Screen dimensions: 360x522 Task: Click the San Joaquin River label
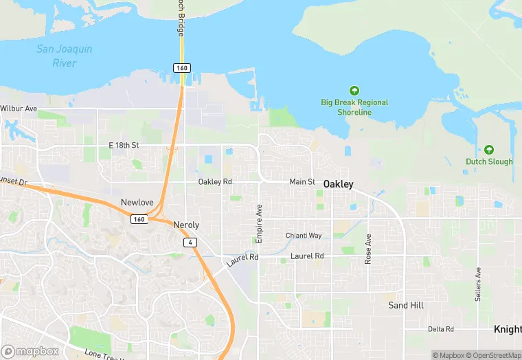[64, 56]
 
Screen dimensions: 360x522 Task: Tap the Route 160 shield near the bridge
[181, 68]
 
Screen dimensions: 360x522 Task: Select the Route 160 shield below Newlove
[139, 218]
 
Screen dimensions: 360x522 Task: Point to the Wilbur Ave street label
[19, 109]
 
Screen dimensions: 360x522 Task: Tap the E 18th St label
[124, 146]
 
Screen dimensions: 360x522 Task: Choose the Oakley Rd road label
[215, 182]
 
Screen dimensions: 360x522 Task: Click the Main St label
[302, 182]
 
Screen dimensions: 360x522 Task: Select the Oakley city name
[339, 184]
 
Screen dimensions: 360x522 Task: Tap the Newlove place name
[137, 203]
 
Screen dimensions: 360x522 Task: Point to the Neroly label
[186, 225]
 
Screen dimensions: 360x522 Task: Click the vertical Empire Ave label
[259, 223]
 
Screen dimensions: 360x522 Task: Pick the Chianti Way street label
[304, 236]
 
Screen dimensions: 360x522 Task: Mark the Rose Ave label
[368, 249]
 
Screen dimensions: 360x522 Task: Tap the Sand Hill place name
[406, 305]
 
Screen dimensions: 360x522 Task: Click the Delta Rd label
[440, 329]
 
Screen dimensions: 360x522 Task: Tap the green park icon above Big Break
[354, 91]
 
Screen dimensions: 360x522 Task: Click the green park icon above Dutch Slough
[489, 150]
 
